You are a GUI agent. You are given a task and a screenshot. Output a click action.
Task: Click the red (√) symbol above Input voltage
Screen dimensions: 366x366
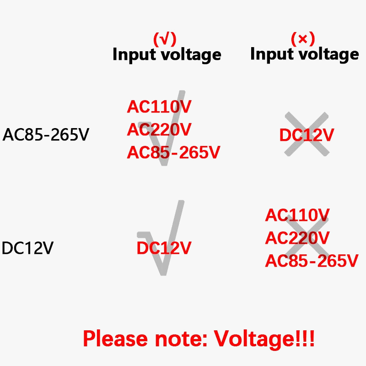[164, 39]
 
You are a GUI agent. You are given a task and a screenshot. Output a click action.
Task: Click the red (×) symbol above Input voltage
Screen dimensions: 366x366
[302, 39]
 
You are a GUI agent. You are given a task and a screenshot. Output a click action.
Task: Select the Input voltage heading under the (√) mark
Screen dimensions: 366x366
[167, 55]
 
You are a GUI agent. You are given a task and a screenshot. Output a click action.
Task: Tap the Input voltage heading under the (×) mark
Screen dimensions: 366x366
[304, 54]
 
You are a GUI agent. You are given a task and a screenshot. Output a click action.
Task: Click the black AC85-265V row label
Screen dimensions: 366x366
[46, 135]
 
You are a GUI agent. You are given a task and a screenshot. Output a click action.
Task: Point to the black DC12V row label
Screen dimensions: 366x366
[28, 248]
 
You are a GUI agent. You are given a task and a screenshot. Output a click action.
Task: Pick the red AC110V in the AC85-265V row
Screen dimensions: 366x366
[159, 107]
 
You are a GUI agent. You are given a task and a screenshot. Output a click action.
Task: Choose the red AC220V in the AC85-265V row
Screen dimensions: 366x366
[159, 130]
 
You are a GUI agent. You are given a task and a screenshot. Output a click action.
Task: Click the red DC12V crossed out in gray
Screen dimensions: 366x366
[307, 135]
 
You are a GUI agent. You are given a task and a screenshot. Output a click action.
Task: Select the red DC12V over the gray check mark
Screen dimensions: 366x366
[164, 248]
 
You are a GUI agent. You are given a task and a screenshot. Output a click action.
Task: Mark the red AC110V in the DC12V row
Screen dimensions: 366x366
[297, 215]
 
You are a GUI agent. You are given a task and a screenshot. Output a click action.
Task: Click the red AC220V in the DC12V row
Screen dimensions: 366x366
[297, 238]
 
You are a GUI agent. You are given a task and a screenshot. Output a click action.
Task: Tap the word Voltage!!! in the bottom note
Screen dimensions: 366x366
[264, 339]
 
